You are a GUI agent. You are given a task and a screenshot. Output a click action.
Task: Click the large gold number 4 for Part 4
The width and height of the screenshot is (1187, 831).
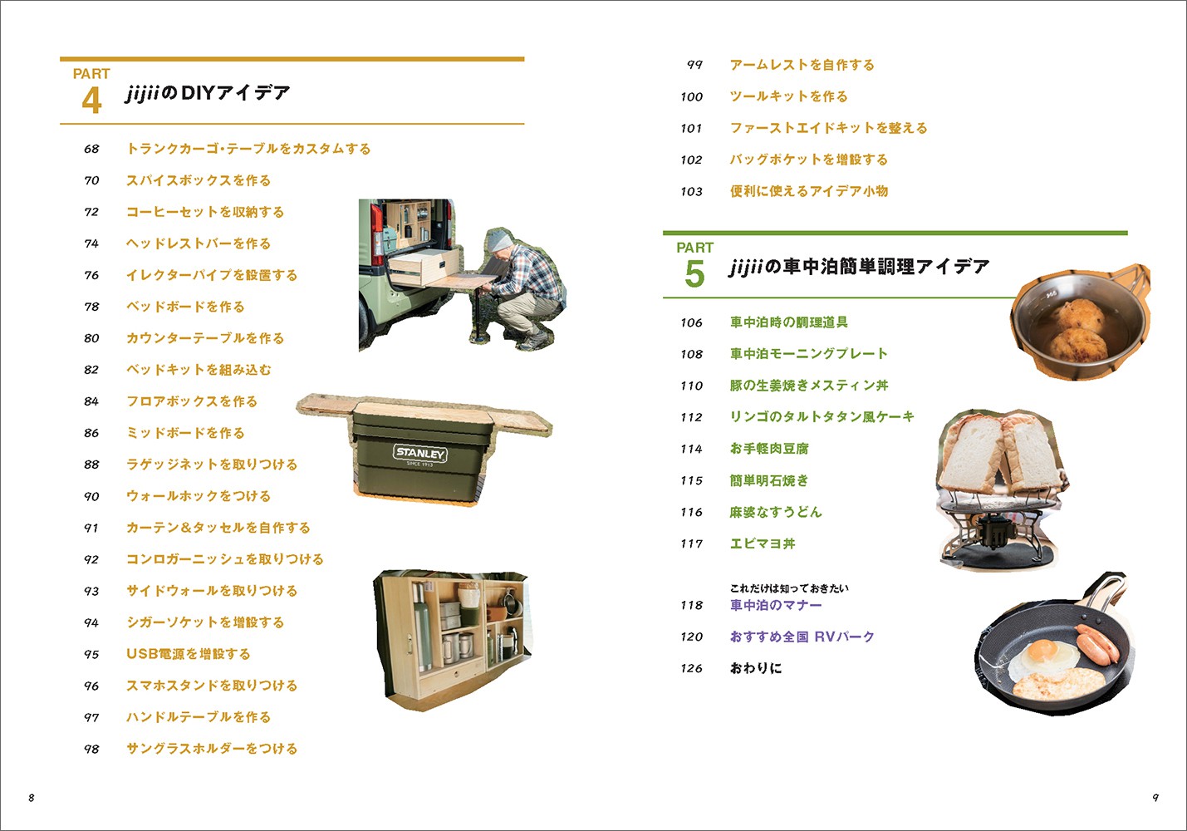91,101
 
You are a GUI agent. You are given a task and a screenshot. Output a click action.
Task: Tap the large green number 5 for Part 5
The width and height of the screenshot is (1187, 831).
694,274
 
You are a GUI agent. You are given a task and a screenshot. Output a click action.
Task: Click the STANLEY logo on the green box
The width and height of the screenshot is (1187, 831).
420,454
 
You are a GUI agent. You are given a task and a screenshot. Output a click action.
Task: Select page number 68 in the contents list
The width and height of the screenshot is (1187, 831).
91,149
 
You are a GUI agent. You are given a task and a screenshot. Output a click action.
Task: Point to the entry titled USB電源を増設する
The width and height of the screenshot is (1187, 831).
188,653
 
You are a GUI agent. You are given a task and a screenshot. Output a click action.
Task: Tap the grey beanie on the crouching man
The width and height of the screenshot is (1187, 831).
500,241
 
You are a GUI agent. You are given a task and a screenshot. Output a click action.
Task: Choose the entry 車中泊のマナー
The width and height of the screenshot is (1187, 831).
776,605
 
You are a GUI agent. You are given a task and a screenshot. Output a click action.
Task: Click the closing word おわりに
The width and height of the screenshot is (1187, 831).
756,668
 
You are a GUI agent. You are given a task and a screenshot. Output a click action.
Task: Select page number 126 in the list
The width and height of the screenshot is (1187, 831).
692,668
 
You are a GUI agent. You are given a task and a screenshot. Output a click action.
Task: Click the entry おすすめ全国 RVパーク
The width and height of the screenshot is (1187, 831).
802,637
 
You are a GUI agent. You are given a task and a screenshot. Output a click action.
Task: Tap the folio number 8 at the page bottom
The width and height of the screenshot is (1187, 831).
32,798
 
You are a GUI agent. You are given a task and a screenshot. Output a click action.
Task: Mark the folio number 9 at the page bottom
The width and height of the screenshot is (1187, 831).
1155,798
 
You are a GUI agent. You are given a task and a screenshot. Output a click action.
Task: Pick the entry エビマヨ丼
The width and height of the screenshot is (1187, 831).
763,543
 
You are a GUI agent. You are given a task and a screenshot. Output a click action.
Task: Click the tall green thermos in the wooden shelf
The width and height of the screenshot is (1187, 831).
422,628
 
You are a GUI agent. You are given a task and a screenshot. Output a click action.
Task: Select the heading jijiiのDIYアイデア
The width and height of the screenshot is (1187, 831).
208,93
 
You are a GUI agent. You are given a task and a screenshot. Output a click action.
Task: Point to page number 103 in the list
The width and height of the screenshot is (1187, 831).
692,191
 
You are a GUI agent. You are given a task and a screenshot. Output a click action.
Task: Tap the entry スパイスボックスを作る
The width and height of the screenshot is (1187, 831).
199,180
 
